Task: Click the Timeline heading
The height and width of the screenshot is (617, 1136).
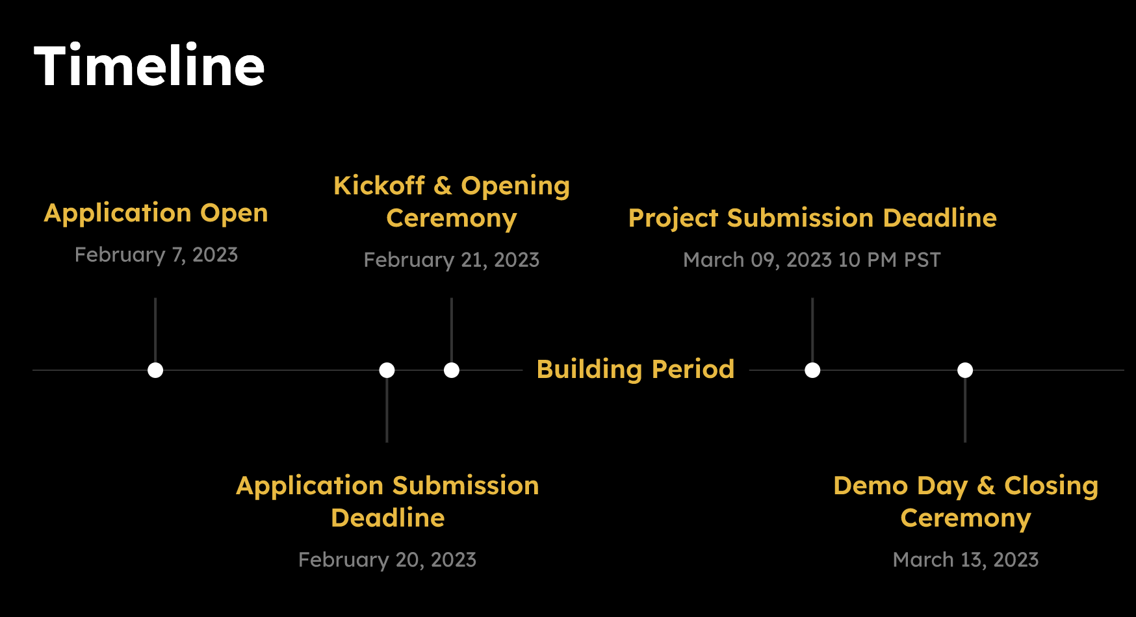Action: coord(149,66)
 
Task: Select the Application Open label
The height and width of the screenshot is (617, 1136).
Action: coord(156,213)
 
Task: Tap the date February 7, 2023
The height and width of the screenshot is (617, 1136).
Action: coord(156,255)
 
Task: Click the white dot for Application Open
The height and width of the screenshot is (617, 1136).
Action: coord(155,370)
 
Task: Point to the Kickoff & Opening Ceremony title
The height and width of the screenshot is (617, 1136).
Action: coord(452,202)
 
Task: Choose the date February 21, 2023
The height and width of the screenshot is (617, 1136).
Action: coord(452,260)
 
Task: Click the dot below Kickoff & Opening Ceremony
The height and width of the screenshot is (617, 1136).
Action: coord(452,370)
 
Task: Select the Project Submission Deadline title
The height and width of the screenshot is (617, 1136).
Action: coord(812,218)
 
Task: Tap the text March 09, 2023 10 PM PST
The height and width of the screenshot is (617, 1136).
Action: coord(812,260)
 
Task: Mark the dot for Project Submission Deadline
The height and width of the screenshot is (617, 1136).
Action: coord(812,370)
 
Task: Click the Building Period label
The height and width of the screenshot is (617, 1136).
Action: coord(636,369)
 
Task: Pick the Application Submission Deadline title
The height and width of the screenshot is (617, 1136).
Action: coord(387,502)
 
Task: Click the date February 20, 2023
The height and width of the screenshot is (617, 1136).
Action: coord(387,560)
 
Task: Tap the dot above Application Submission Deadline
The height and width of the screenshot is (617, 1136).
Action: coord(387,370)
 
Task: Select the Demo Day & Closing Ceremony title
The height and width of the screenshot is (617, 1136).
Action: coord(966,502)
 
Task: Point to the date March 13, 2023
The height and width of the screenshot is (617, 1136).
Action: coord(966,560)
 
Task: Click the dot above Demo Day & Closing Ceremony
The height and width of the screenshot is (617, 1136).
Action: coord(965,370)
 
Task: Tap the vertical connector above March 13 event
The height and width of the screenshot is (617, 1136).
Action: coord(965,410)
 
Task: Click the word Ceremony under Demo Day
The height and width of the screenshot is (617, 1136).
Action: coord(966,519)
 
